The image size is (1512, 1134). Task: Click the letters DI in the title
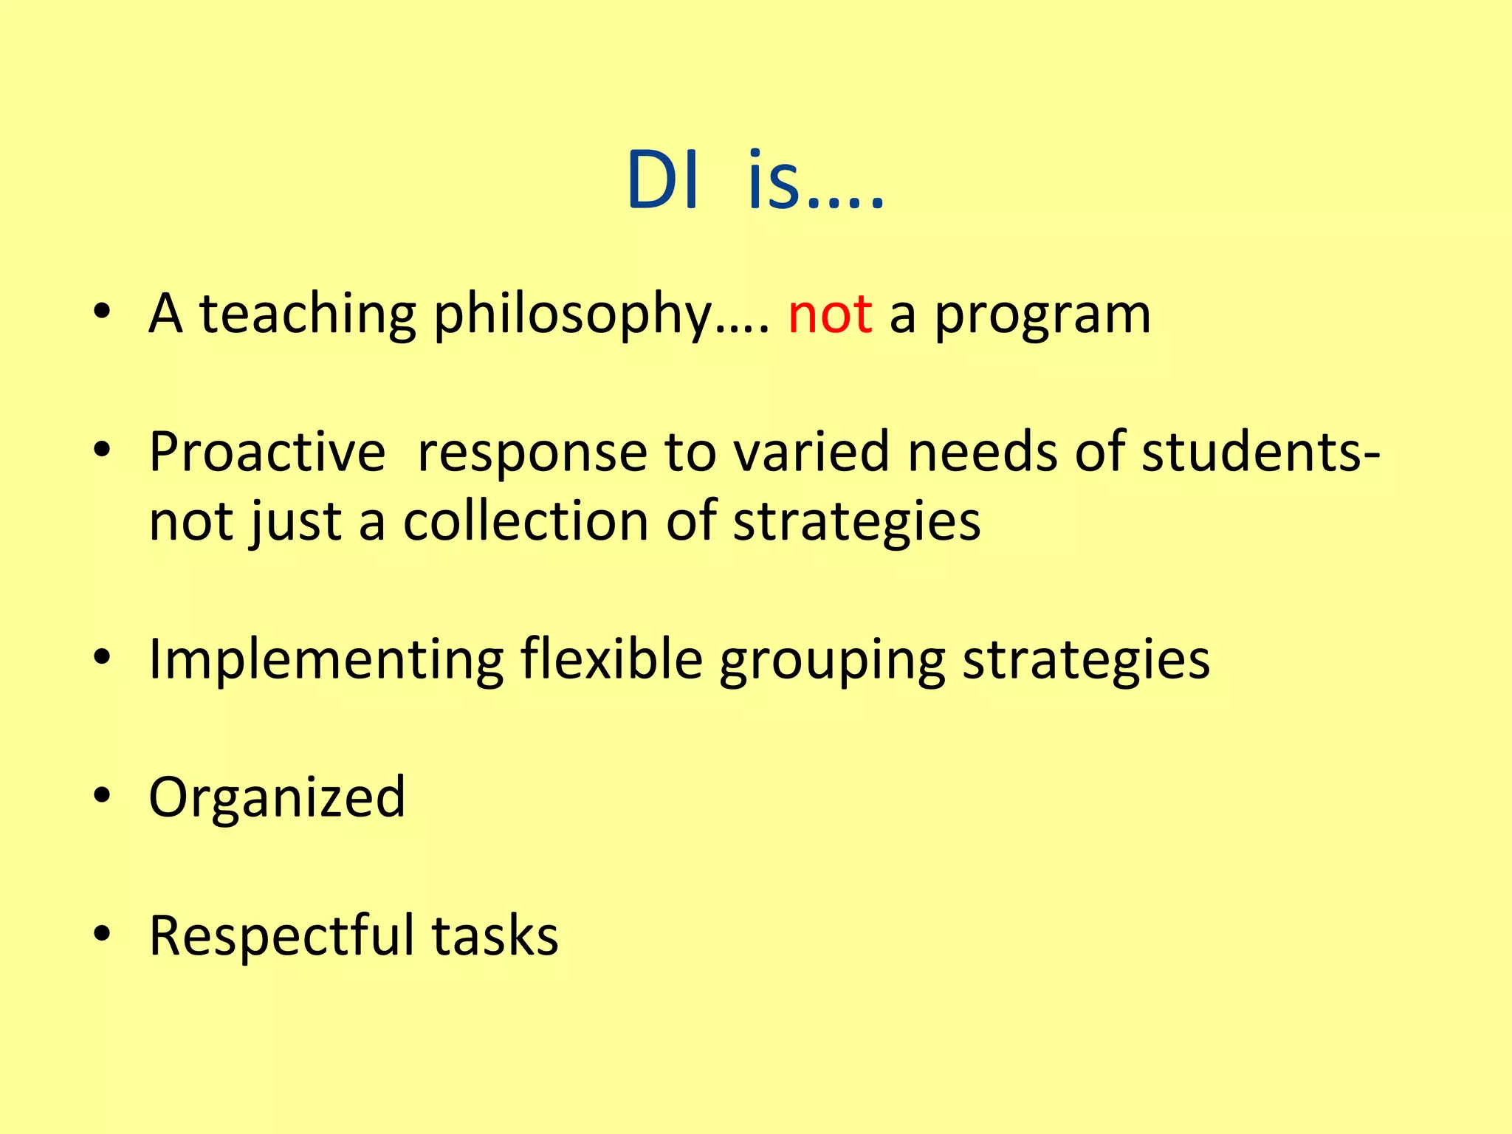point(662,181)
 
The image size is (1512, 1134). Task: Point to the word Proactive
point(267,452)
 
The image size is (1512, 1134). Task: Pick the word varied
point(811,452)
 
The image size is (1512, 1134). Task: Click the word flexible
point(611,659)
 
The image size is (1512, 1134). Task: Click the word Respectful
point(281,936)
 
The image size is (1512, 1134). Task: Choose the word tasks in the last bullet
point(495,936)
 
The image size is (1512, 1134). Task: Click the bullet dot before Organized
point(102,796)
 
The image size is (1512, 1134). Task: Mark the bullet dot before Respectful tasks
point(102,934)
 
